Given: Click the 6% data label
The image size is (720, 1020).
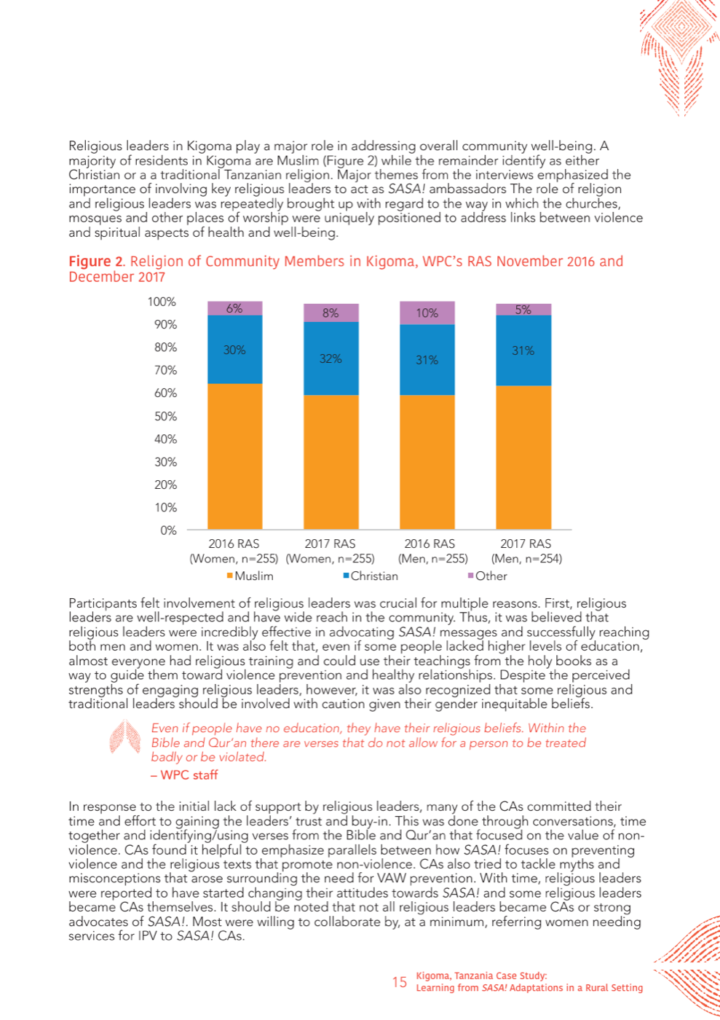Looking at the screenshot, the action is click(x=234, y=308).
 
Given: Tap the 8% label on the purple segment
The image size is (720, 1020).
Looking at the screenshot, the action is click(x=331, y=313).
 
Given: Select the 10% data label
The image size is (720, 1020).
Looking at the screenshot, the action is click(x=427, y=313).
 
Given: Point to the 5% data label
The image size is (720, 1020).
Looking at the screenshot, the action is click(x=523, y=310).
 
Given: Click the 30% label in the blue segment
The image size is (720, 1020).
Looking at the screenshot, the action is click(x=234, y=350).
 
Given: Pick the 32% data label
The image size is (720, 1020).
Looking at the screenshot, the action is click(x=331, y=358).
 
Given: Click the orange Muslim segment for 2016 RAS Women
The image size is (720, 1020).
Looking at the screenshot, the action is click(x=235, y=456).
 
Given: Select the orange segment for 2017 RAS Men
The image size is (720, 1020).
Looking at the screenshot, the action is click(x=523, y=458).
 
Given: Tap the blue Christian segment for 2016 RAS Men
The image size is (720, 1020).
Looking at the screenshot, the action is click(x=427, y=359).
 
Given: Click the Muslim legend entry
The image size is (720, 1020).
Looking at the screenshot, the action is click(x=250, y=576).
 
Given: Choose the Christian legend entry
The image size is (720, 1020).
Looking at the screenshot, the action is click(x=371, y=576).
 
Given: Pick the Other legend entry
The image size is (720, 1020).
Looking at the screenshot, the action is click(x=488, y=576).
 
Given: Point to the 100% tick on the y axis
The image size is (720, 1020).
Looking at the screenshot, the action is click(x=162, y=302).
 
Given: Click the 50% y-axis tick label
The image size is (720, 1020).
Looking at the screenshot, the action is click(x=165, y=416).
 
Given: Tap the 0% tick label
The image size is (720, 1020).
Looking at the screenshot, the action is click(x=168, y=530).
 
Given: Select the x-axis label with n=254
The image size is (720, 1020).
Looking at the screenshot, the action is click(x=526, y=551).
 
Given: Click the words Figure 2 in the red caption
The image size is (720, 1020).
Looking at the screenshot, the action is click(x=96, y=262).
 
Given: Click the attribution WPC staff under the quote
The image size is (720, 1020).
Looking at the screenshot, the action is click(x=184, y=774).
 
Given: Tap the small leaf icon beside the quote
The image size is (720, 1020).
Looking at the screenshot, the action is click(x=124, y=737).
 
